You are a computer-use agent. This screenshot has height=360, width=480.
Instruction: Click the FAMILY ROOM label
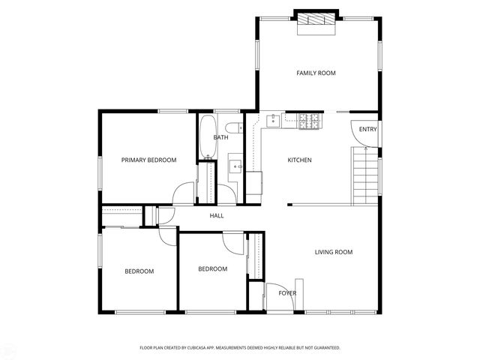pyautogui.click(x=315, y=73)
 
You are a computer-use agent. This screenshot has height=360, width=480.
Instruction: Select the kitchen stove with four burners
pyautogui.click(x=309, y=120)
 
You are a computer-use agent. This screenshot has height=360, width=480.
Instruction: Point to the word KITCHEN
pyautogui.click(x=299, y=160)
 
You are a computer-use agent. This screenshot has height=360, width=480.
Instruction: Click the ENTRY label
pyautogui.click(x=367, y=130)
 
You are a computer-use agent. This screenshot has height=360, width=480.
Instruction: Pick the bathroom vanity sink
pyautogui.click(x=235, y=166)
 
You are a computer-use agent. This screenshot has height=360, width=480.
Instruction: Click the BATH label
pyautogui.click(x=220, y=137)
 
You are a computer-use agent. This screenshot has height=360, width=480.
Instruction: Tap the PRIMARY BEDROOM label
pyautogui.click(x=148, y=160)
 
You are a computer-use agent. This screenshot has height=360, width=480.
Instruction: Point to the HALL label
pyautogui.click(x=216, y=216)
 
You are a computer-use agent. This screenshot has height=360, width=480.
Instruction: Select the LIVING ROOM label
pyautogui.click(x=333, y=252)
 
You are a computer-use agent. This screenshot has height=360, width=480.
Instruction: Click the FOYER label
pyautogui.click(x=287, y=292)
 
